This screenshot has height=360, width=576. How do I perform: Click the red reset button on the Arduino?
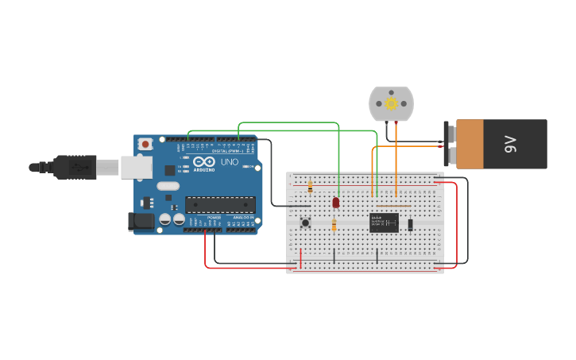pos(145,144)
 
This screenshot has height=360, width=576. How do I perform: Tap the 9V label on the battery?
pos(511,144)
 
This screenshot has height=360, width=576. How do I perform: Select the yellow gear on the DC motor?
pos(391,103)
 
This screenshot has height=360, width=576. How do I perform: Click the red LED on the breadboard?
pos(336,203)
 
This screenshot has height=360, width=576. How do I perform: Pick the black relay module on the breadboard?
pos(384,223)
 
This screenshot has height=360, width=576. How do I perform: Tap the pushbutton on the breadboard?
pos(306,223)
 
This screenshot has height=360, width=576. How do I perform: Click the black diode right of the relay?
pos(410,224)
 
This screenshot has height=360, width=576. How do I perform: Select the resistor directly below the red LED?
pos(334,226)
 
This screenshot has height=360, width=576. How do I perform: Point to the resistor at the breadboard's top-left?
pos(309,187)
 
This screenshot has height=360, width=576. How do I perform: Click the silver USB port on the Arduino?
pos(137,167)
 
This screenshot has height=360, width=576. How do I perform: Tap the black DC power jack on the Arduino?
pos(141,222)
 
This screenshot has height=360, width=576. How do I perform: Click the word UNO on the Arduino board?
pos(229,161)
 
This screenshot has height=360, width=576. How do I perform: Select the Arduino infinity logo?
pos(204,161)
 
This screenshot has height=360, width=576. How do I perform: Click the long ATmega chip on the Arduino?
pos(220,204)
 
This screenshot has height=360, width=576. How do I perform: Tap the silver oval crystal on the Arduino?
pos(168,186)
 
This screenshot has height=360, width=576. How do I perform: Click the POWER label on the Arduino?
pos(215,217)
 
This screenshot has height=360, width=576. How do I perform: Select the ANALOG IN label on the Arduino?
pos(245,217)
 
